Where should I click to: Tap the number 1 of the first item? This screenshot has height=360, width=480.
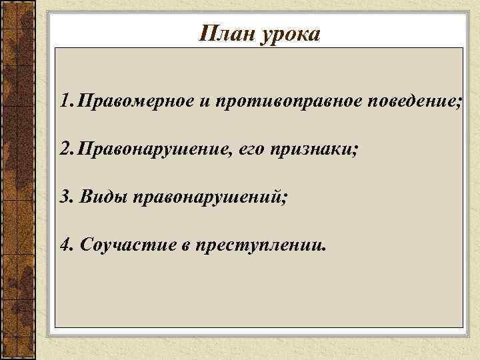(x=63, y=102)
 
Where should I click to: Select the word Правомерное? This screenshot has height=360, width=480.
(x=135, y=103)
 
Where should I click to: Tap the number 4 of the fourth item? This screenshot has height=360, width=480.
(x=64, y=245)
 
